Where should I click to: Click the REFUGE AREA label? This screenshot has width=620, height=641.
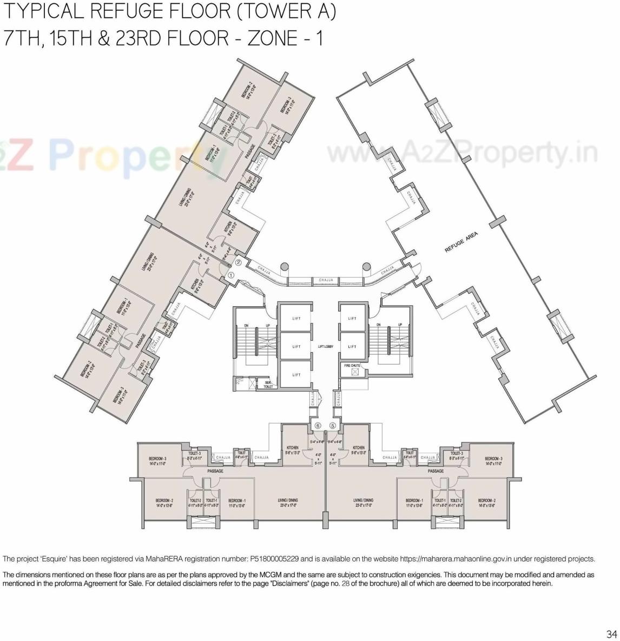(461, 243)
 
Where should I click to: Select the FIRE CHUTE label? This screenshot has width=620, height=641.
(352, 366)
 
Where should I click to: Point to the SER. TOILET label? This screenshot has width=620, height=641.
(268, 385)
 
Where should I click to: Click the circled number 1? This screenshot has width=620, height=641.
(231, 275)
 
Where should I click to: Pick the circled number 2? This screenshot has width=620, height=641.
(239, 263)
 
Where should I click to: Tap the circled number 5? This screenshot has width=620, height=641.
(332, 426)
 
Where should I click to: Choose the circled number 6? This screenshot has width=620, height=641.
(318, 426)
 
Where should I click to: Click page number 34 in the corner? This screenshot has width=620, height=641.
(611, 634)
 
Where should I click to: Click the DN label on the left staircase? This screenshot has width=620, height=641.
(246, 325)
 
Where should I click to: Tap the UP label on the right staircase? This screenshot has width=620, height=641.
(400, 325)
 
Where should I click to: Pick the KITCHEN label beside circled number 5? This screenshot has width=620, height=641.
(358, 448)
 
